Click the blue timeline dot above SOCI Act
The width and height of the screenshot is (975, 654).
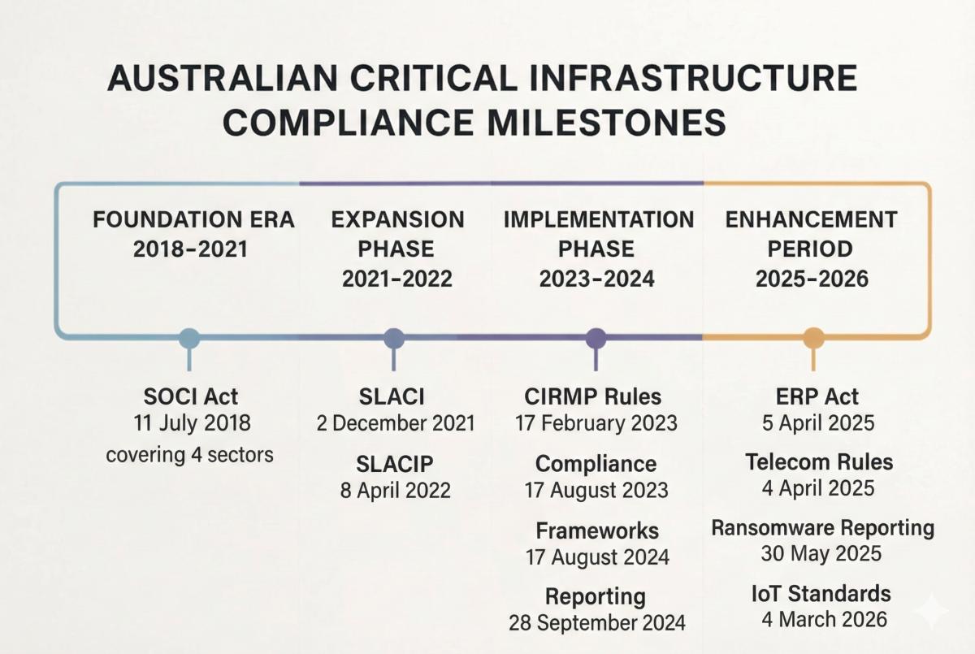pos(189,338)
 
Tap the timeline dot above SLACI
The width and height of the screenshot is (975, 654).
pos(393,338)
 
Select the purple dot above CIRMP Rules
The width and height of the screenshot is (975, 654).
pos(596,338)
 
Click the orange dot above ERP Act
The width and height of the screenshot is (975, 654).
pos(813,338)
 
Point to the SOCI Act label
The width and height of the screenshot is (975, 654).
pos(191,396)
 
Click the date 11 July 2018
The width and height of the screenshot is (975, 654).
pos(191,423)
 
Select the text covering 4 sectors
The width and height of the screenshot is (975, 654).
pos(189,454)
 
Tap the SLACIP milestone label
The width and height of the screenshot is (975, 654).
pos(395,464)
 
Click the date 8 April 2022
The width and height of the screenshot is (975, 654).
pos(395,491)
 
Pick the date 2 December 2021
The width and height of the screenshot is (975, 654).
pos(395,423)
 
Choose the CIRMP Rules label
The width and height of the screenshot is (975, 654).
pos(593,396)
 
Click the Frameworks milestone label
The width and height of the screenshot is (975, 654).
pos(597,531)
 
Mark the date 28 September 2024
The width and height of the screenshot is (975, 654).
pos(597,623)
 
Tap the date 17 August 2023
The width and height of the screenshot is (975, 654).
pos(597,490)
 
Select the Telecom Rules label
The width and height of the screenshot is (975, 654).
pos(819,462)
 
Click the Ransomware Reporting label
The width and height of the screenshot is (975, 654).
pos(822,528)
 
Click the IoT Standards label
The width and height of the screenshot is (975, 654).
pos(821,593)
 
